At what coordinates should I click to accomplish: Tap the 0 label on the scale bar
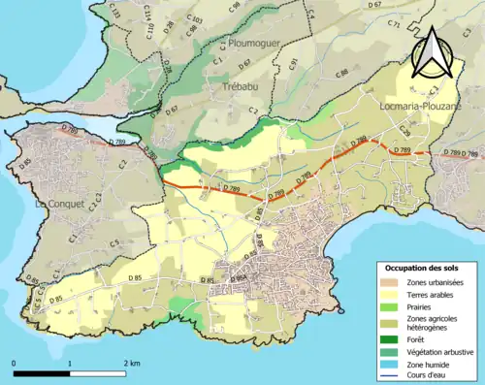[14, 363]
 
